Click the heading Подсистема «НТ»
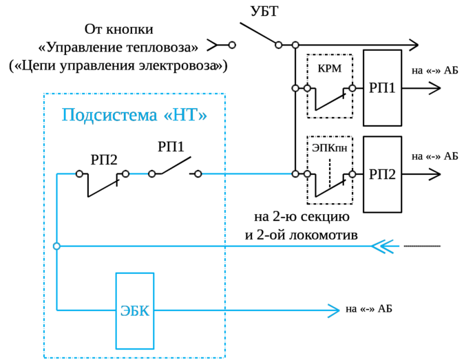(x=134, y=114)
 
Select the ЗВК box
(x=134, y=311)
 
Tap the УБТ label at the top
(x=261, y=10)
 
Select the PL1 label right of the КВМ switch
(x=383, y=88)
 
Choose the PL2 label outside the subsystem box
(x=383, y=173)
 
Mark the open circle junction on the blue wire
(x=57, y=246)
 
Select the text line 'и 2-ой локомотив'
(x=302, y=235)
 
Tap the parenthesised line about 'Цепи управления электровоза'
(x=118, y=66)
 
